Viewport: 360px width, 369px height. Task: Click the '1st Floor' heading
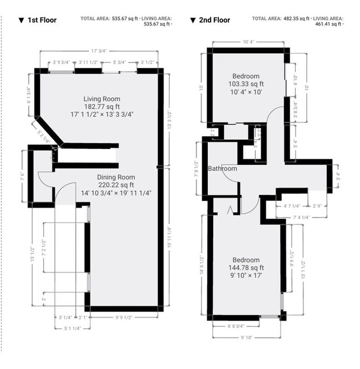point(42,20)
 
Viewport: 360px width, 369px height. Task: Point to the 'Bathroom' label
point(223,169)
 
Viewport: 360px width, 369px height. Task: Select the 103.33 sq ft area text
point(246,84)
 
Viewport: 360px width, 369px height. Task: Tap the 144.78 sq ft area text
point(246,268)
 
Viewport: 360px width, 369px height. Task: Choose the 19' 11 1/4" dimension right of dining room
point(169,238)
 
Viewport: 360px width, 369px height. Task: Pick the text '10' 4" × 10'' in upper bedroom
point(246,92)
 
